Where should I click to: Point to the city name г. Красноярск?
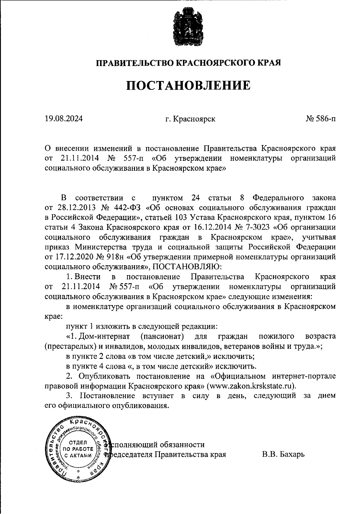pos(190,119)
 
